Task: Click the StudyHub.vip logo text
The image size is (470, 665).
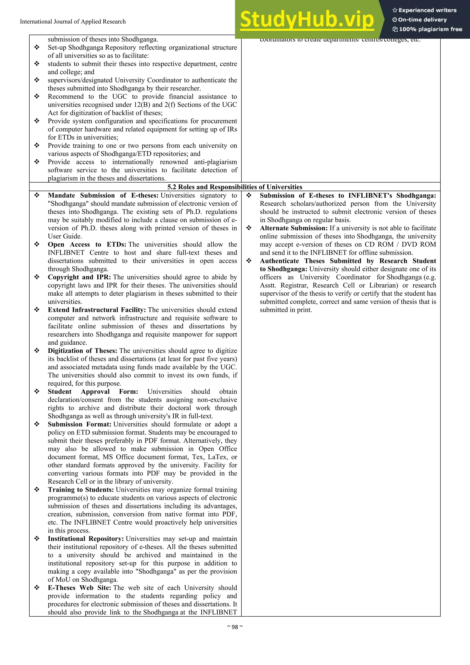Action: coord(307,20)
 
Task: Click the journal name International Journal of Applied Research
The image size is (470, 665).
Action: coord(73,21)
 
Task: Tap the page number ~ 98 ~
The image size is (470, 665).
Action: coord(235,627)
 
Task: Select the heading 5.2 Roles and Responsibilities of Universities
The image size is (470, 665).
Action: coord(235,187)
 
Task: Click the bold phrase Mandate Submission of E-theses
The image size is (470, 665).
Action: coord(103,196)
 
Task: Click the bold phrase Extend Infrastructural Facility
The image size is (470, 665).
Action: coord(97,310)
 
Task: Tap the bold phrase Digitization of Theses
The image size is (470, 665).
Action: coord(82,351)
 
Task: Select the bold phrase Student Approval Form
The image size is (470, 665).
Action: coord(93,392)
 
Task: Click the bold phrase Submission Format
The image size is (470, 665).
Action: coord(79,424)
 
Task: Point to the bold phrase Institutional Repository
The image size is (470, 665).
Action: coord(86,539)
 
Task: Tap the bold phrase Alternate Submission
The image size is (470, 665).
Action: coord(293,228)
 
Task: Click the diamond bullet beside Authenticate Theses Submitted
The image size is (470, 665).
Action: coord(249,261)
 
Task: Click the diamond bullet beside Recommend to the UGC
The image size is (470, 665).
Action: coord(37,96)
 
